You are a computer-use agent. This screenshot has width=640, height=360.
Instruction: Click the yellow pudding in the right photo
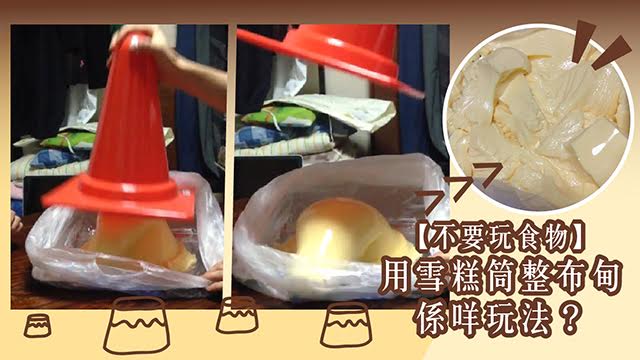pyautogui.click(x=347, y=233)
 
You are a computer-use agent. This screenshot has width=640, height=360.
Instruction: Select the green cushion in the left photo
pyautogui.click(x=69, y=140)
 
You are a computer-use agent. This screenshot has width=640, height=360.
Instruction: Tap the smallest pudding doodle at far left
pyautogui.click(x=38, y=326)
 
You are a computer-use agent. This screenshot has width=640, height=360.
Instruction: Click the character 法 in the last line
pyautogui.click(x=539, y=319)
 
